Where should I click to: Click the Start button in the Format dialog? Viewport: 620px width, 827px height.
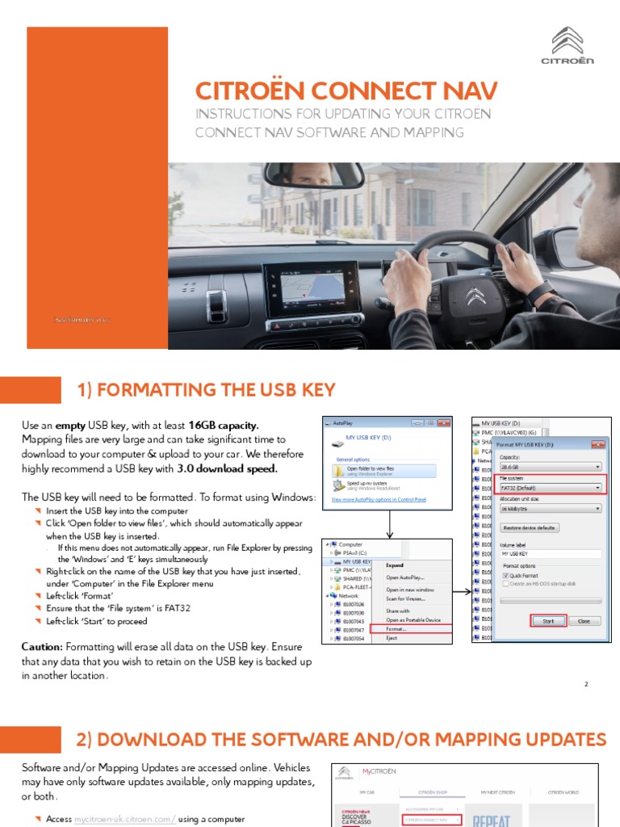click(x=548, y=621)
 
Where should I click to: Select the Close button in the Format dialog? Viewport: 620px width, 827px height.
click(x=584, y=621)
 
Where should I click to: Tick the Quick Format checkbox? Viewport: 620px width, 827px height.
click(x=506, y=575)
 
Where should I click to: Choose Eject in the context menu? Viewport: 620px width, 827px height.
click(x=392, y=638)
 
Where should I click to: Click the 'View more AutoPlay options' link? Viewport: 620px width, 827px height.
click(x=379, y=500)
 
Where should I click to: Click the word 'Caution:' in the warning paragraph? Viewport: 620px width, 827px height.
click(x=43, y=647)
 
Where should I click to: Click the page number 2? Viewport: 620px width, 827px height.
click(x=586, y=685)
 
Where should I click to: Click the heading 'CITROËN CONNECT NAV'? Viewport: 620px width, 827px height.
click(x=346, y=90)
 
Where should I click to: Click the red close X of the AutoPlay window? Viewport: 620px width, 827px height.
click(x=442, y=422)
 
